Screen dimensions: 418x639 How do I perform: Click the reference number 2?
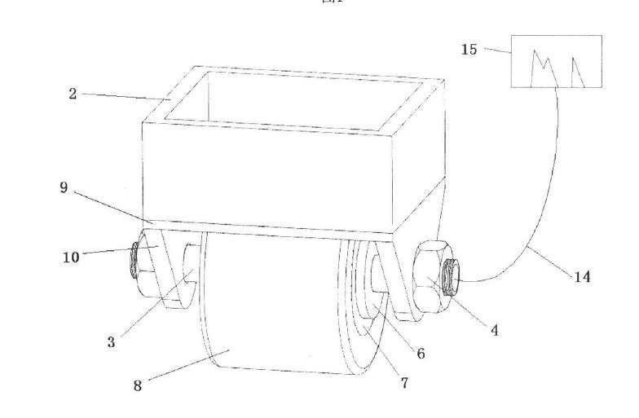(x=73, y=95)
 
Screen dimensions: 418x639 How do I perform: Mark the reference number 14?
(x=582, y=277)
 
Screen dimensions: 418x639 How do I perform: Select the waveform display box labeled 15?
(x=556, y=61)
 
